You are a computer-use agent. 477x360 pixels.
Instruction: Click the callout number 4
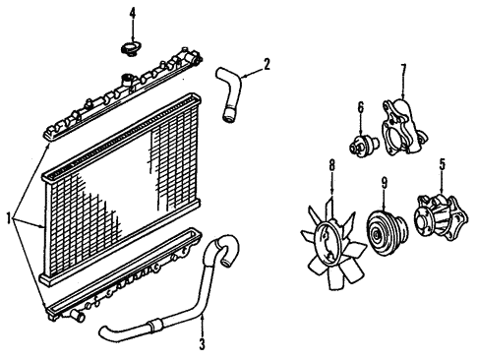coord(133,14)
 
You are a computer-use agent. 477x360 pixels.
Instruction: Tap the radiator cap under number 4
coord(130,49)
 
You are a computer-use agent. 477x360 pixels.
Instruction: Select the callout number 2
coord(267,64)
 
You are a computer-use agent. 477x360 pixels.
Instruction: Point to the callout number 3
coord(203,344)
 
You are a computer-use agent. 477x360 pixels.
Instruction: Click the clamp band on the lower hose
coord(154,325)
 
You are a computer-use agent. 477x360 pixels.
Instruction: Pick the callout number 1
coord(9,218)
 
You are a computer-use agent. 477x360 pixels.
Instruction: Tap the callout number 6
coord(360,108)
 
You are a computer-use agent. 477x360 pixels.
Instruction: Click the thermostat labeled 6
coord(362,145)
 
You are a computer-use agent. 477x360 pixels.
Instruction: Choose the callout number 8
coord(332,165)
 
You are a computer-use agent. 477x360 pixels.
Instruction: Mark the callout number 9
coord(384,184)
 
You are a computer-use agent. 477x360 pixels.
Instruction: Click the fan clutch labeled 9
coord(387,233)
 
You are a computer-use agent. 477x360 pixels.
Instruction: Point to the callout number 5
coord(443,165)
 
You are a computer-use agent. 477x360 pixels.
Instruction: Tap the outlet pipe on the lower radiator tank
coord(78,316)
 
